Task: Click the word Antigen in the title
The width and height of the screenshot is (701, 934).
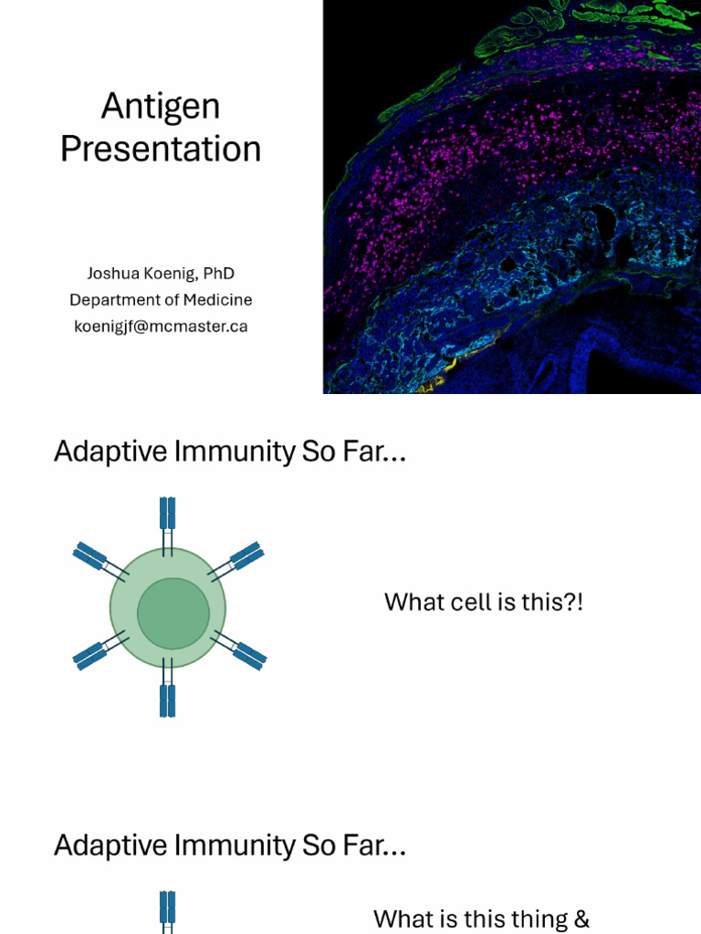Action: tap(161, 107)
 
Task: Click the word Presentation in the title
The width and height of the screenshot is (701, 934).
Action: tap(161, 149)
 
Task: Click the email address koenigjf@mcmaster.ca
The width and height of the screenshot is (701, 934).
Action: tap(161, 327)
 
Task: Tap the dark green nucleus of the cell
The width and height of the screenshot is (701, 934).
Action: tap(173, 614)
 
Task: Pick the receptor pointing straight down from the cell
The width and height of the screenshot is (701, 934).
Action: tap(167, 693)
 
